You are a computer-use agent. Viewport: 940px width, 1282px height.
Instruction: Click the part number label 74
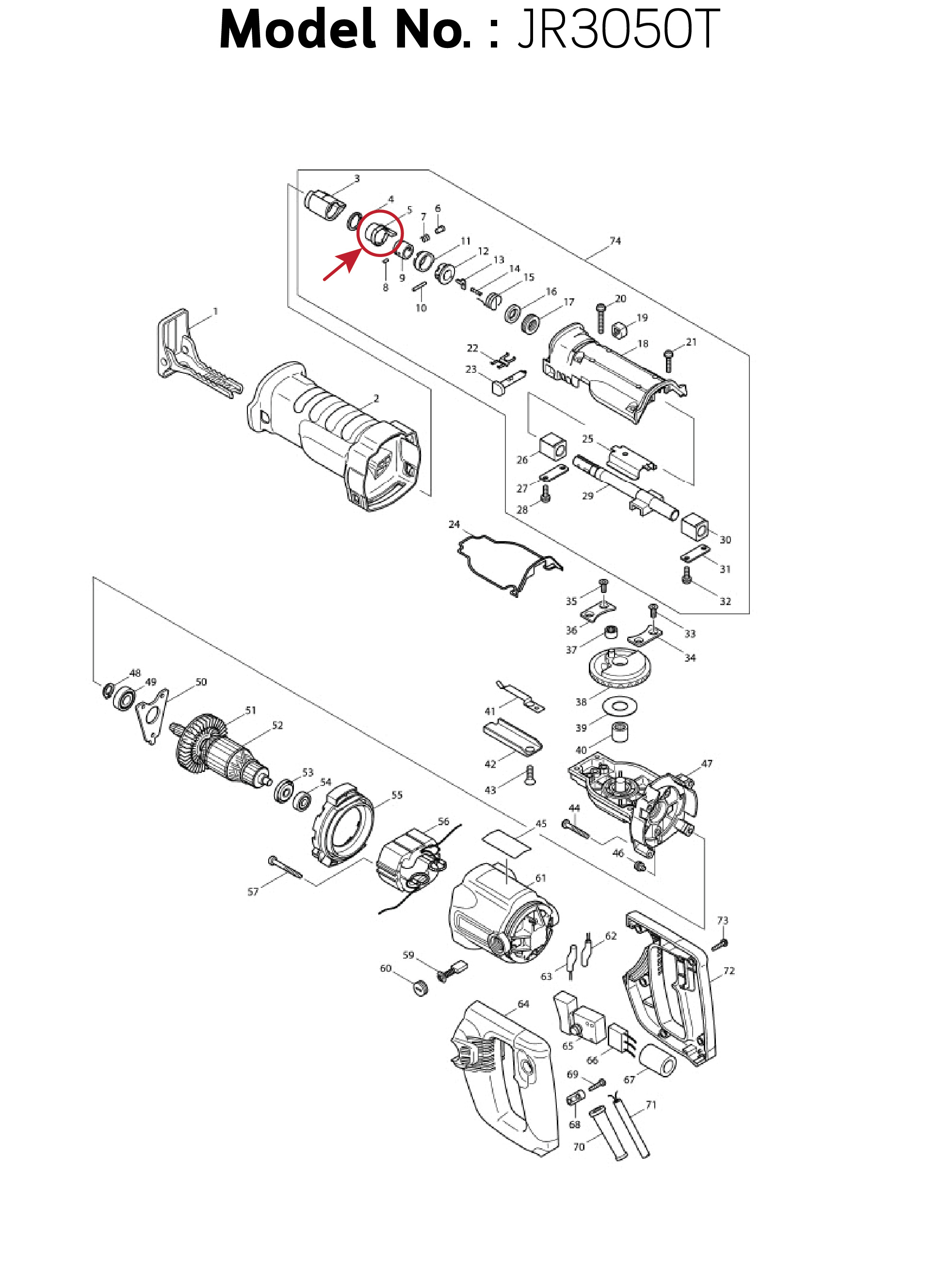coord(615,240)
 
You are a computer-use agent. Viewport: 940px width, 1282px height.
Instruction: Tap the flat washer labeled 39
coord(619,706)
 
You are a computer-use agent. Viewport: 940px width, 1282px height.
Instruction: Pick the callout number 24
coord(454,524)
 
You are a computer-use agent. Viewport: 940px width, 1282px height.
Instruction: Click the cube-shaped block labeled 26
coord(552,447)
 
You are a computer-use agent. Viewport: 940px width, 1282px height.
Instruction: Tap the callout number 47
coord(707,763)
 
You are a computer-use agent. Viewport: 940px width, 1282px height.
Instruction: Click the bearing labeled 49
coord(125,698)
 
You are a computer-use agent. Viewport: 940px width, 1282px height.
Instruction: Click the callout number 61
coord(540,878)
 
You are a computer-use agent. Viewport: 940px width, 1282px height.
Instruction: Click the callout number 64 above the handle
coord(523,1004)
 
